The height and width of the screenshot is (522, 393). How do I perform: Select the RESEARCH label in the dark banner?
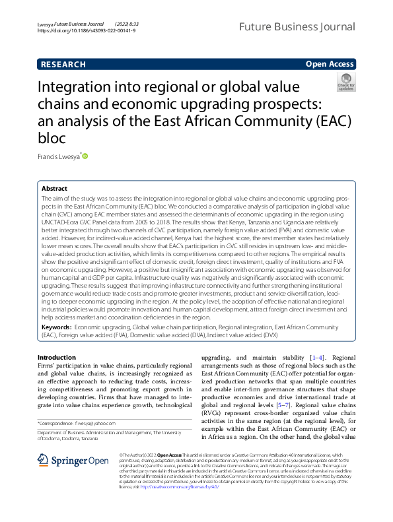pos(63,65)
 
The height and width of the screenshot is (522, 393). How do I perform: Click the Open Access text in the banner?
pos(330,64)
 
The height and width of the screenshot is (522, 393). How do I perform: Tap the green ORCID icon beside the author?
pos(85,156)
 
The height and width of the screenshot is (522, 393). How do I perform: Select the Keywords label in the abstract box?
pos(56,327)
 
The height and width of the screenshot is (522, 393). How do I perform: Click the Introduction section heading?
pos(57,358)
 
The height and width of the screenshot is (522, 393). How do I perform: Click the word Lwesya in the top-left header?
pos(45,23)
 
